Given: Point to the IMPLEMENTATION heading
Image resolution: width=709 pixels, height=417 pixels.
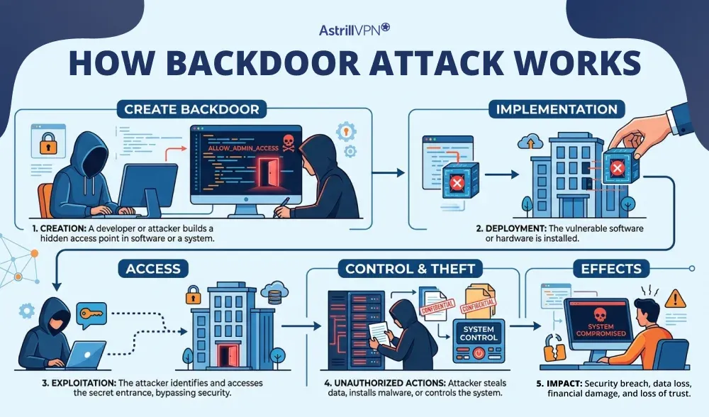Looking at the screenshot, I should (x=557, y=109).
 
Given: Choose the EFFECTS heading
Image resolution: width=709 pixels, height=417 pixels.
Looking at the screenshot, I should (x=611, y=269).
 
